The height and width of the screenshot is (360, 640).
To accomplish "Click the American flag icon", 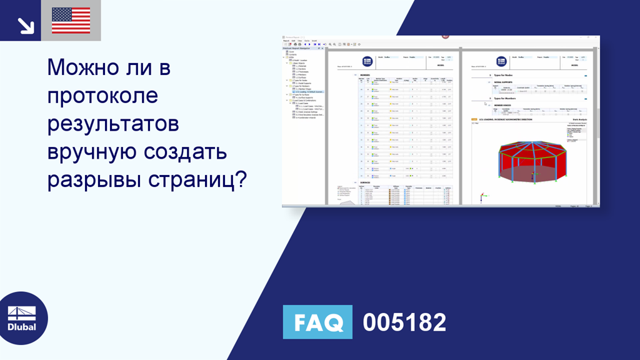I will [71, 21].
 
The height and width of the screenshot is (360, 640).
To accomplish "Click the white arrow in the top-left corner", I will [25, 25].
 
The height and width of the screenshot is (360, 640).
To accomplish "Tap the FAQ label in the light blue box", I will [317, 322].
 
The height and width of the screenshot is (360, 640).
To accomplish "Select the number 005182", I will [404, 322].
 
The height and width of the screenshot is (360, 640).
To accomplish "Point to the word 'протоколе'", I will [102, 96].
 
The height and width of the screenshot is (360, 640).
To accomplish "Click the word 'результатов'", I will [113, 124].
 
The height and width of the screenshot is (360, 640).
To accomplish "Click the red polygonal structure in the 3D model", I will [531, 156].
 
